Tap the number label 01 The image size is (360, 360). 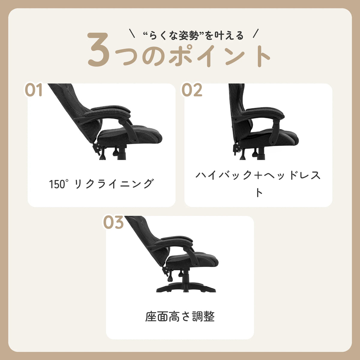(34, 90)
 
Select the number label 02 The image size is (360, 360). (192, 90)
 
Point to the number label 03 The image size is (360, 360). (113, 222)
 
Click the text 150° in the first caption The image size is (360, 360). (57, 184)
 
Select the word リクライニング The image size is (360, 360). (114, 184)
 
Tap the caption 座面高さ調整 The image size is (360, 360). (180, 316)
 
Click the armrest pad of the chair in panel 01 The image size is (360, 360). (107, 112)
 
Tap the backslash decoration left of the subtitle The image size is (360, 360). (132, 33)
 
